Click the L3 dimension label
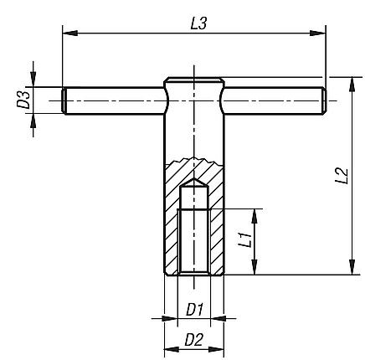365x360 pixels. [x=198, y=24]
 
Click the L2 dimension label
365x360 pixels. [x=341, y=176]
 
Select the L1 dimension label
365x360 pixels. [x=244, y=241]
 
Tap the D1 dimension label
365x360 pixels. [x=195, y=308]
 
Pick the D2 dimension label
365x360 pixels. [x=194, y=339]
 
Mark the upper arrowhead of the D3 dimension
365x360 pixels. [x=33, y=81]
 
